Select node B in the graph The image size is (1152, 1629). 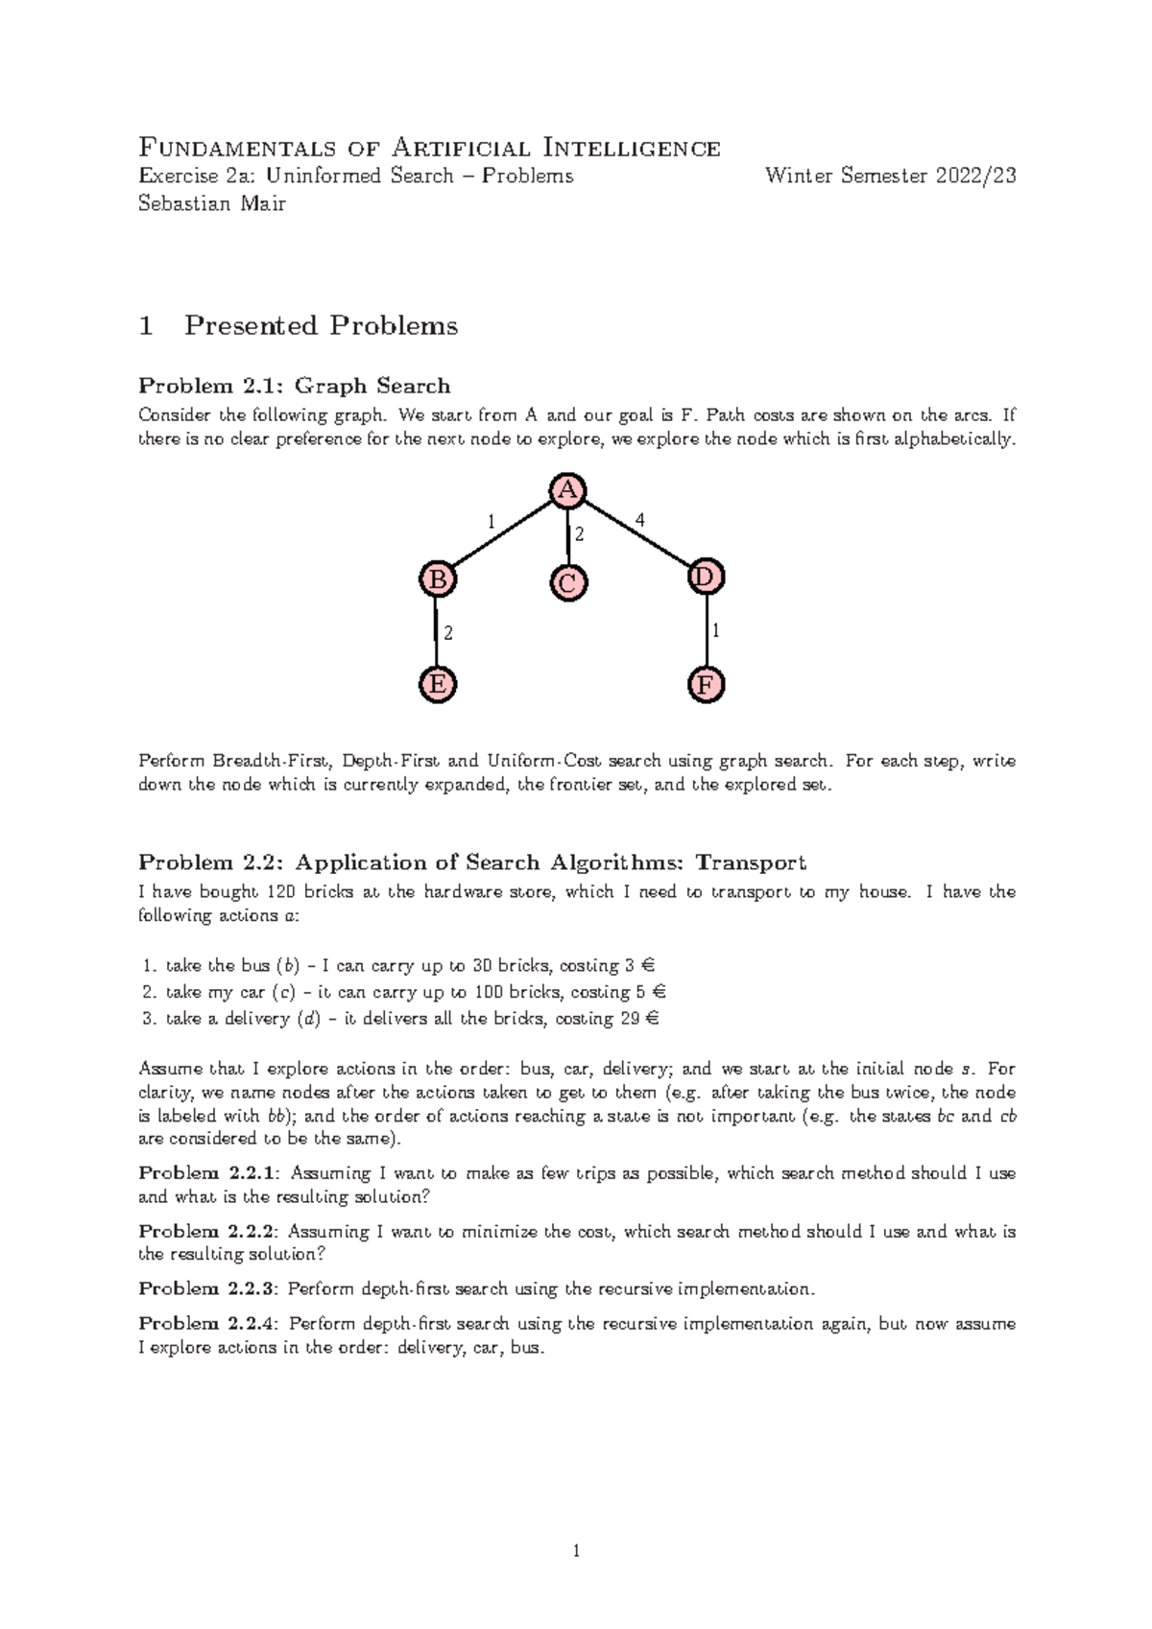(x=437, y=578)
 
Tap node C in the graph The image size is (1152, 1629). (x=568, y=583)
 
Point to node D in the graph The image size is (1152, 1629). (x=706, y=578)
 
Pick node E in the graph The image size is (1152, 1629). (x=438, y=685)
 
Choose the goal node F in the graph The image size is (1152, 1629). (x=707, y=686)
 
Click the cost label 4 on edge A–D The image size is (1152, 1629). (x=639, y=520)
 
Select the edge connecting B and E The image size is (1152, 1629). (x=437, y=632)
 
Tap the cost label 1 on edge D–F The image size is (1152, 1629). (x=716, y=631)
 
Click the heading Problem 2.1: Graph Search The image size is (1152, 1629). (x=294, y=386)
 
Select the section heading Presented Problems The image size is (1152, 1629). (x=321, y=326)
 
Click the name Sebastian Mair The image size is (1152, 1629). (x=212, y=203)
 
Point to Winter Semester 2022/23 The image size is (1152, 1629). (x=890, y=176)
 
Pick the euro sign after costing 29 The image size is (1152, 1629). (x=653, y=1019)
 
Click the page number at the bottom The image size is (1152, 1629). (x=576, y=1551)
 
